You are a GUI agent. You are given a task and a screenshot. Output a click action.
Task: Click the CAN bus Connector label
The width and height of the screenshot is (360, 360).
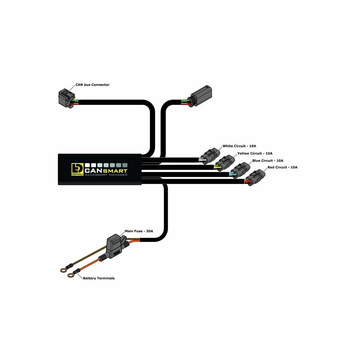[x=92, y=85]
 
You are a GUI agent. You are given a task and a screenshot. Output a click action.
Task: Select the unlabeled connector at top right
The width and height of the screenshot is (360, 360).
[x=201, y=95]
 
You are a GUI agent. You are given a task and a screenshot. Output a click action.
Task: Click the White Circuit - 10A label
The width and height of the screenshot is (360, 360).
[x=239, y=146]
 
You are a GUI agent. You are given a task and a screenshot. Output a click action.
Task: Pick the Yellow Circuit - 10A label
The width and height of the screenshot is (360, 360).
[x=255, y=153]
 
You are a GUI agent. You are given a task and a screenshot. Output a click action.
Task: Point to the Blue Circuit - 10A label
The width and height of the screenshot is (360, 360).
[x=268, y=160]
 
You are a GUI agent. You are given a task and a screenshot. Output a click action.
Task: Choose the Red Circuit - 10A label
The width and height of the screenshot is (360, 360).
[x=282, y=167]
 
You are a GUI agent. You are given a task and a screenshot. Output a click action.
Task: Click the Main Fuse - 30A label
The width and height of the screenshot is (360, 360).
[x=139, y=231]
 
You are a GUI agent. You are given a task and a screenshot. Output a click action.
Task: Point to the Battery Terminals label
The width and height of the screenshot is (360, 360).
[x=98, y=278]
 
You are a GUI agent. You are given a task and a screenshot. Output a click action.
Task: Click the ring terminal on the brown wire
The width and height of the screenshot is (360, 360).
[x=63, y=270]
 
